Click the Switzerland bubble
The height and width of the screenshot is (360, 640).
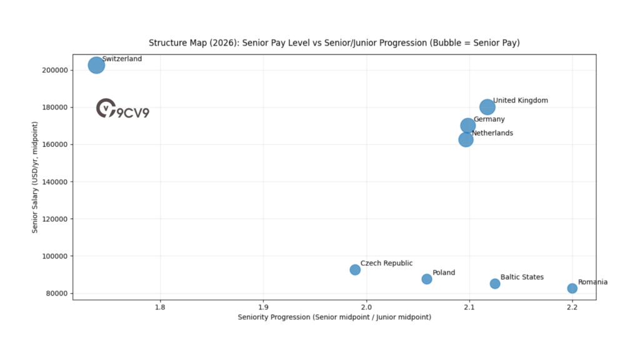pos(96,65)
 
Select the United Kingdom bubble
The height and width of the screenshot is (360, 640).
pos(487,107)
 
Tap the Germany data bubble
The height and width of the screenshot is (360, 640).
pos(468,126)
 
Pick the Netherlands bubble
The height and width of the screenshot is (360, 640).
pos(466,139)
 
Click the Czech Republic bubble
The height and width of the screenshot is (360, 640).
pos(355,270)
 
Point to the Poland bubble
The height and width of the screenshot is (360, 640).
pos(427,279)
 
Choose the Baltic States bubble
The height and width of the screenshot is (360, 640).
pos(495,284)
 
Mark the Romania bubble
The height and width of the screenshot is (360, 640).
pos(572,288)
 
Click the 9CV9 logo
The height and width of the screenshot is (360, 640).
pos(123,109)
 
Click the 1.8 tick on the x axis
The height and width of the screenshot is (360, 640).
pos(160,307)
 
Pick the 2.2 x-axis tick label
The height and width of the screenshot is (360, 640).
pos(572,307)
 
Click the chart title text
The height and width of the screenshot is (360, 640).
pos(334,43)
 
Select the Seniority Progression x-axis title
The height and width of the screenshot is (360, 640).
pos(334,317)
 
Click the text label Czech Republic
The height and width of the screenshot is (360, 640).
pos(386,264)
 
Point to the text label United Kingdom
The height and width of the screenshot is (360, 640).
pos(520,101)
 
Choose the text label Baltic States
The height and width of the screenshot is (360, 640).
pos(522,277)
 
